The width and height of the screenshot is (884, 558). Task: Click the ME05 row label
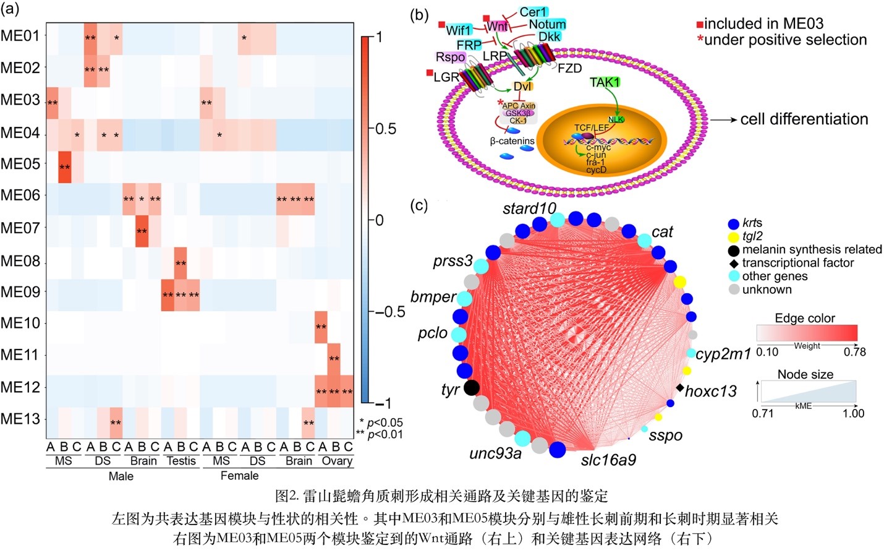click(20, 165)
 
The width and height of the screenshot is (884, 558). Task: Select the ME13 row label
click(20, 419)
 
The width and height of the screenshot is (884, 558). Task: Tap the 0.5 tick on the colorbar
click(386, 129)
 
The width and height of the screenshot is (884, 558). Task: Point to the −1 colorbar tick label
click(385, 403)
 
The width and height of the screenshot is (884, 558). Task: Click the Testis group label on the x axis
click(181, 461)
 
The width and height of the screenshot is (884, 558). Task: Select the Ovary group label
click(336, 461)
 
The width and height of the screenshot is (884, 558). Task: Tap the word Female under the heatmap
click(239, 476)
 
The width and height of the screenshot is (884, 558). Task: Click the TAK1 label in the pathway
click(605, 82)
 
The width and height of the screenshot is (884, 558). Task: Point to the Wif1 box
click(458, 30)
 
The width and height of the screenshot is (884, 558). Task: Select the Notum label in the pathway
click(547, 24)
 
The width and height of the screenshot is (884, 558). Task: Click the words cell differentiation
click(804, 119)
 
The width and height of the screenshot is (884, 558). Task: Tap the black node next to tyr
click(471, 388)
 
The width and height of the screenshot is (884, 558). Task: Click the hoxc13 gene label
click(711, 392)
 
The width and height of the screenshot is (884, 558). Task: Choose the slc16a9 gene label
click(608, 460)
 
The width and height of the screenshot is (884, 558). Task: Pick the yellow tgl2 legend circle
click(734, 236)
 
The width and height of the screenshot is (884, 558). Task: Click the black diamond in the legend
click(734, 263)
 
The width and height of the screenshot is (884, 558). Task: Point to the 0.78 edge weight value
click(854, 352)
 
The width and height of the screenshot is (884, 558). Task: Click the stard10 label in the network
click(529, 208)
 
